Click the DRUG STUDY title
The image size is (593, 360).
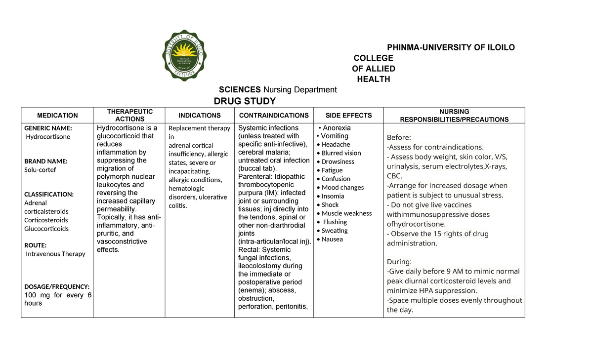(244, 101)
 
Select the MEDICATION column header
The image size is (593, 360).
(57, 116)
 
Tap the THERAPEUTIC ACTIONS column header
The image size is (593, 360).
(130, 116)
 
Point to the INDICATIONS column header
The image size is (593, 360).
(200, 116)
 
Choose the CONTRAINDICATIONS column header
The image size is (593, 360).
(274, 116)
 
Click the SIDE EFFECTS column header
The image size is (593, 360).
(348, 116)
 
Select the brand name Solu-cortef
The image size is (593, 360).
(40, 170)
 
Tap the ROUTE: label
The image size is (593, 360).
(36, 245)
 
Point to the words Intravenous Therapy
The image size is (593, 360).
(55, 254)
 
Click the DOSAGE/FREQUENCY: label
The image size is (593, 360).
(57, 286)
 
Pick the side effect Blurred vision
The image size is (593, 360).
(341, 153)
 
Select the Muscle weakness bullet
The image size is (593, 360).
(346, 213)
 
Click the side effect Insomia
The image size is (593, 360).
(333, 196)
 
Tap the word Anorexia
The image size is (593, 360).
(337, 128)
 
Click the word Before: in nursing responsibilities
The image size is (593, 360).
(399, 137)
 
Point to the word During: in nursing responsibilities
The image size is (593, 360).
(399, 262)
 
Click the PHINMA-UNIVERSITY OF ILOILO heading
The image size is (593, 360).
(451, 47)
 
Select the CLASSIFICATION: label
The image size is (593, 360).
(49, 194)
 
